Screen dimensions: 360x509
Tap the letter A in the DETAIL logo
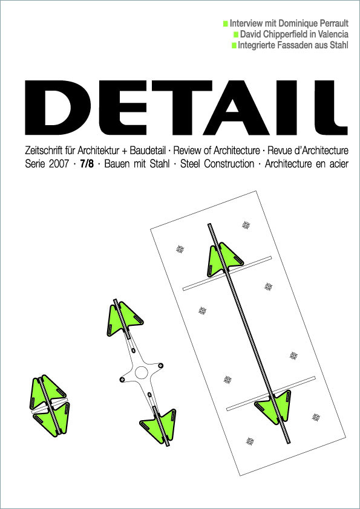pyautogui.click(x=236, y=108)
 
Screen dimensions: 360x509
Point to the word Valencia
pyautogui.click(x=332, y=34)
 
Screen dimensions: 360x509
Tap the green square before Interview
pyautogui.click(x=226, y=24)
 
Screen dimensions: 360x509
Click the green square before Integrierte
pyautogui.click(x=234, y=45)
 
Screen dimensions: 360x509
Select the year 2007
pyautogui.click(x=59, y=164)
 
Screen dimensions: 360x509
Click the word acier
pyautogui.click(x=338, y=164)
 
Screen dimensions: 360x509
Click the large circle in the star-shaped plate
pyautogui.click(x=142, y=372)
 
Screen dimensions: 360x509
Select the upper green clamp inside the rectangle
pyautogui.click(x=225, y=259)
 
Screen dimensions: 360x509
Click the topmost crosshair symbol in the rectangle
pyautogui.click(x=246, y=225)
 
